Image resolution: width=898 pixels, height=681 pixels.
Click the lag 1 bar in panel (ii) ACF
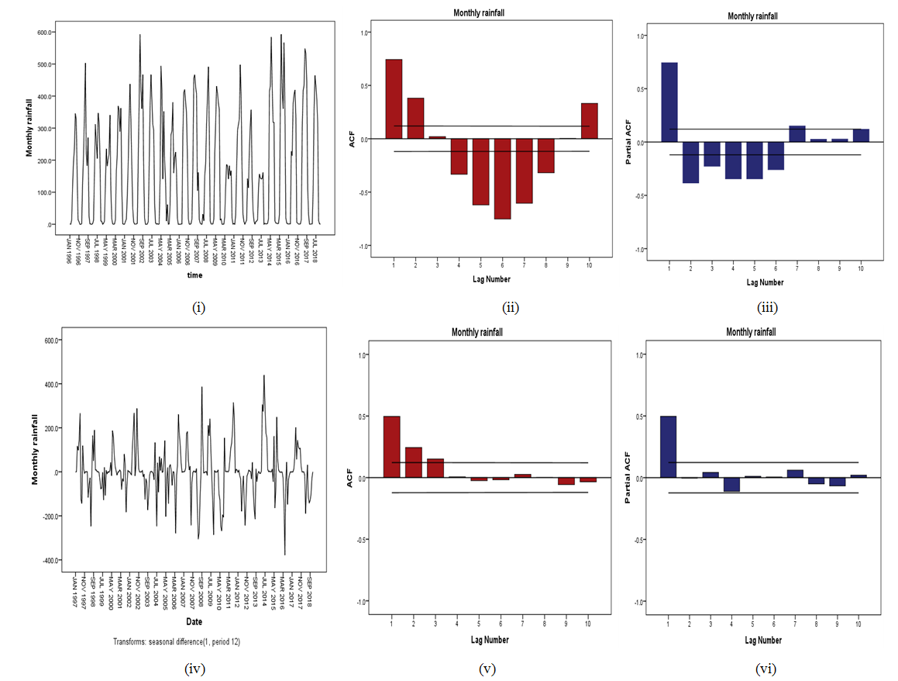(394, 99)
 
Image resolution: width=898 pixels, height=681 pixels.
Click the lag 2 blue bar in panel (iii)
(691, 162)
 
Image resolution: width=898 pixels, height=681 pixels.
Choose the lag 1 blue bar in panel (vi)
(668, 447)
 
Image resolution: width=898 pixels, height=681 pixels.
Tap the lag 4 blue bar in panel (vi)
(732, 485)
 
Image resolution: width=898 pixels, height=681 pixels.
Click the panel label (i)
(198, 307)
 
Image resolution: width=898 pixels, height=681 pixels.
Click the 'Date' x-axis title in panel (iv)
(194, 621)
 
